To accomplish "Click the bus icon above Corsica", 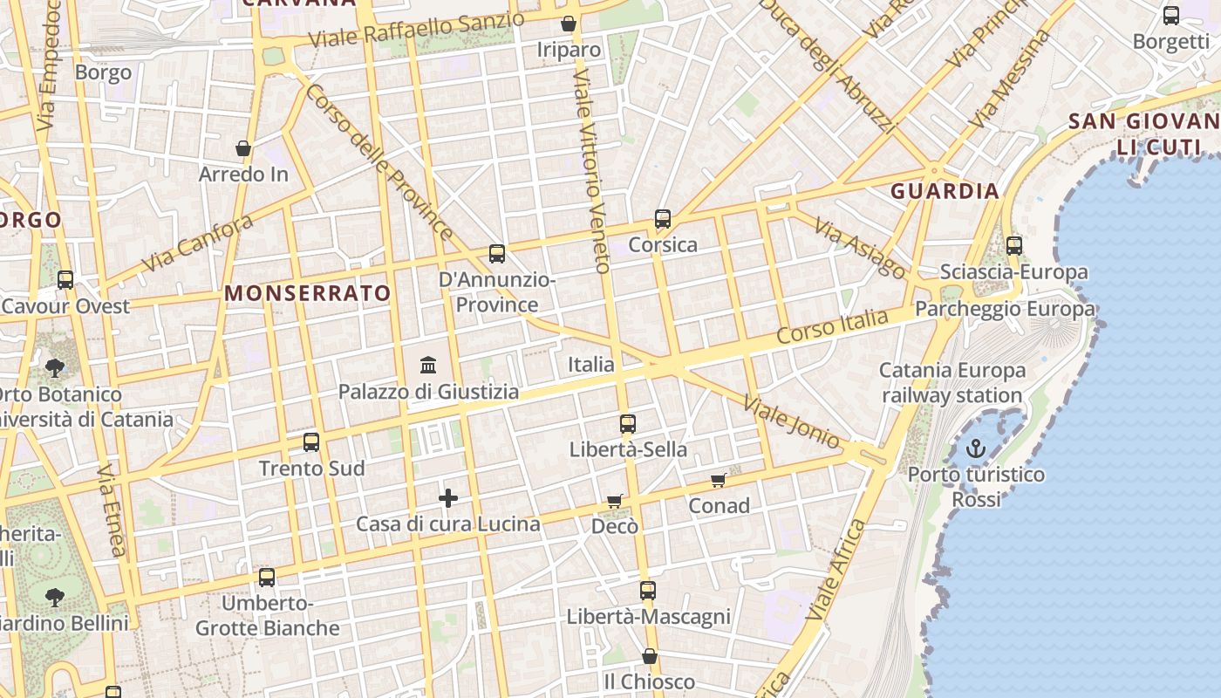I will coord(663,219).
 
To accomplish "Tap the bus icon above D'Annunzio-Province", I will coord(497,254).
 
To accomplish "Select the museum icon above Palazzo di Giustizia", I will coord(428,365).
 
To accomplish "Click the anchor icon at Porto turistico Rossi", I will coord(976,449).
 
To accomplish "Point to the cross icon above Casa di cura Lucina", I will coord(448,498).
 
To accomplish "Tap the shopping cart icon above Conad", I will coord(719,480).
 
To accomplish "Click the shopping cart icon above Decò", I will coord(615,501).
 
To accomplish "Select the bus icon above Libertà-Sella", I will coord(628,424).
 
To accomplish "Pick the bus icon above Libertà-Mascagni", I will coord(648,591).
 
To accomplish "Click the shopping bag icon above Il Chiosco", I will coord(650,656).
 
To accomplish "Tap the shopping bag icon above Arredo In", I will coord(243,148).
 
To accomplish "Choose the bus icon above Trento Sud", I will coord(311,442).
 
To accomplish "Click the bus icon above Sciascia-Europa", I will coord(1014,246).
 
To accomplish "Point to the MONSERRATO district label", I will coord(308,293).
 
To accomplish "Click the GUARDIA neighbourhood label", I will coord(945,191).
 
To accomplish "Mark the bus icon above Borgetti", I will coord(1171,16).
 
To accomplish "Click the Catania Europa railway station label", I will coord(952,383).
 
